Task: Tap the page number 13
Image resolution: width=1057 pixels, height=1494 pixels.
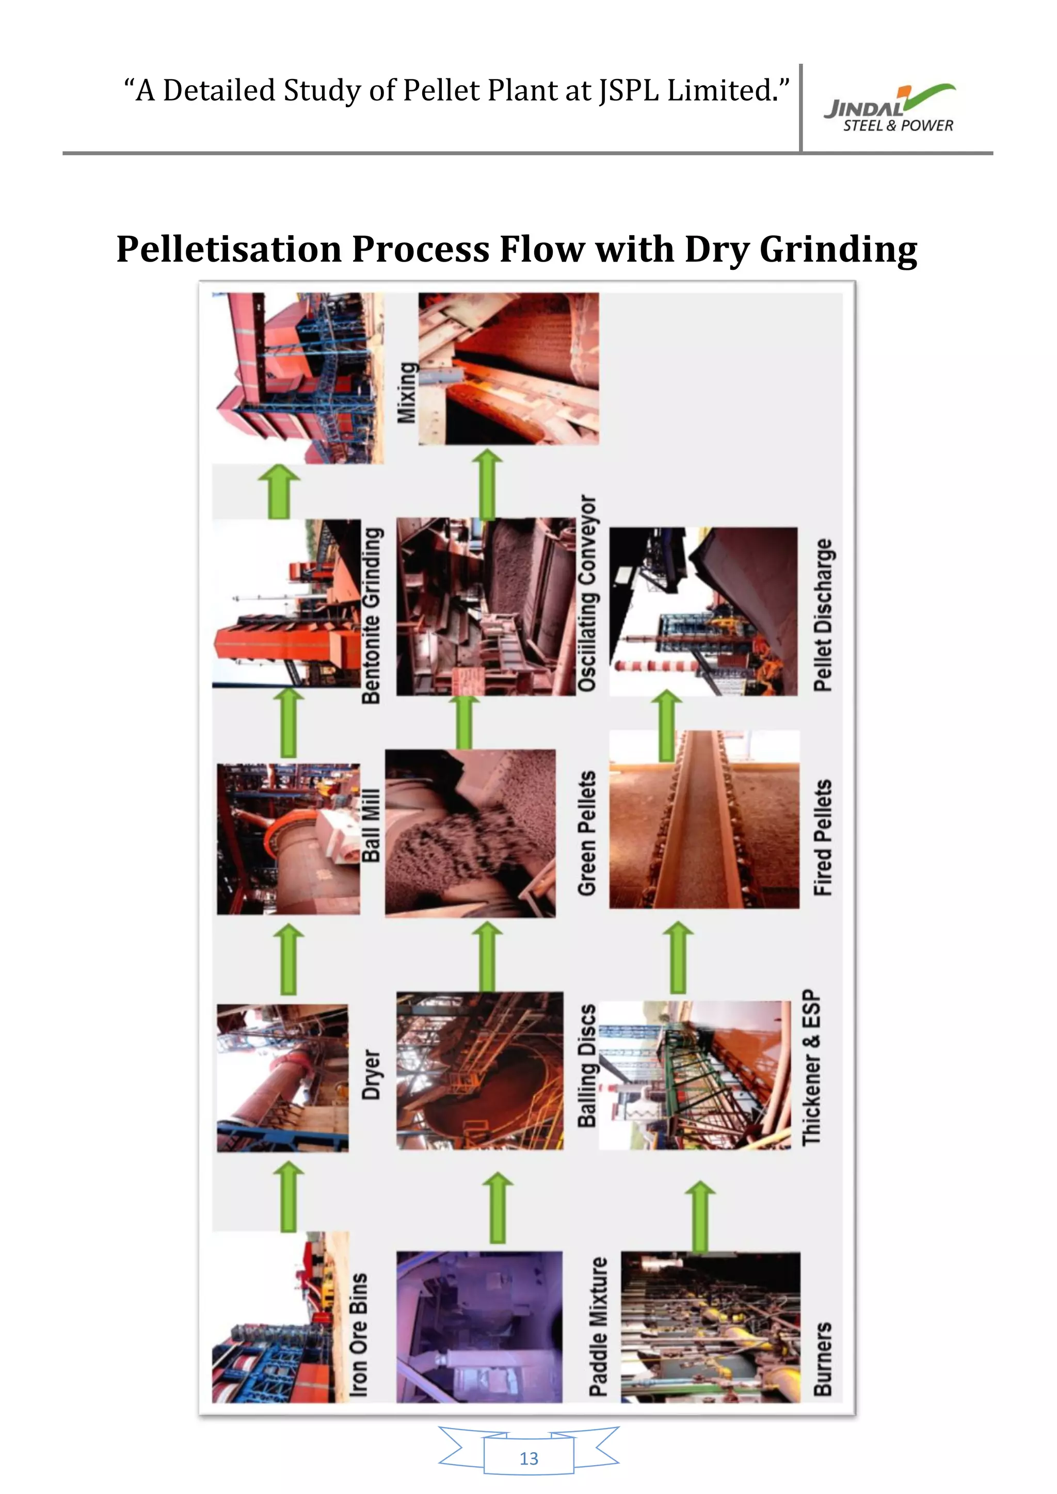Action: click(528, 1458)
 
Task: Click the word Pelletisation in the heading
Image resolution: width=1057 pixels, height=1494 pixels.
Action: click(229, 249)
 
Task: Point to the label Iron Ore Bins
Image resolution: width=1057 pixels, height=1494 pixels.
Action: click(359, 1335)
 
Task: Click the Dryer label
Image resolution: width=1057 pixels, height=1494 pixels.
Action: click(371, 1074)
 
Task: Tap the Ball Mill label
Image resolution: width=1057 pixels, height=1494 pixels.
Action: click(371, 825)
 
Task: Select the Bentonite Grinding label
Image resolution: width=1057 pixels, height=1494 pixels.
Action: click(371, 615)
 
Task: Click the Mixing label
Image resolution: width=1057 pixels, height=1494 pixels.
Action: click(407, 393)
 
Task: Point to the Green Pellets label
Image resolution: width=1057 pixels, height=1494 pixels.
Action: click(587, 833)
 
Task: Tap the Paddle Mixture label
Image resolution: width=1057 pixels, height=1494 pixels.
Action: click(598, 1327)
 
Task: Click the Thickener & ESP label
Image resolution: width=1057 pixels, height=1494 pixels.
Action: click(812, 1067)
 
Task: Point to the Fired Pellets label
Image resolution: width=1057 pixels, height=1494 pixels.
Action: click(823, 837)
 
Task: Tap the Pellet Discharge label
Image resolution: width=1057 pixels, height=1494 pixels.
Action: click(823, 614)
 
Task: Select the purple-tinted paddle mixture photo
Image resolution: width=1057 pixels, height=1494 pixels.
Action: click(479, 1327)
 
